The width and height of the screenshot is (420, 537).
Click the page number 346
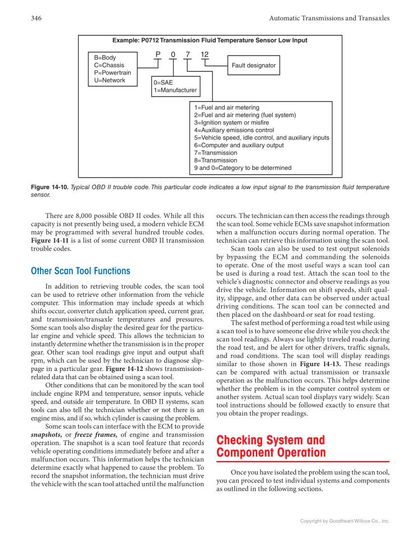(36, 18)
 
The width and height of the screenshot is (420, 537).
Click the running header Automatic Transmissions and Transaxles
(329, 18)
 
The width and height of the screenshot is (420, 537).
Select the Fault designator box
(253, 65)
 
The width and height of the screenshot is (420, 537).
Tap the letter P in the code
(158, 54)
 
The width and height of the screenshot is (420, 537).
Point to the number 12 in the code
(205, 54)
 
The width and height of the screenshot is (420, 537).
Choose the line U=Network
(109, 80)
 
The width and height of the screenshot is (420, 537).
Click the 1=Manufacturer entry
(175, 90)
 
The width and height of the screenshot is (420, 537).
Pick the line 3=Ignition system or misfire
(232, 123)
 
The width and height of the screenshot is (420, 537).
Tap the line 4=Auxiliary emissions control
(233, 130)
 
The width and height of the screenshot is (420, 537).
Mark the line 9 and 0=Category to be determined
(242, 168)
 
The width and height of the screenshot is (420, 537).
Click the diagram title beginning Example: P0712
(210, 41)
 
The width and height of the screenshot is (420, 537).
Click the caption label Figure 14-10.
(49, 187)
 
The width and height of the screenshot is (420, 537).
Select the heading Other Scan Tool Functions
(81, 271)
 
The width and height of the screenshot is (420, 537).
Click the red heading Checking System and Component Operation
(271, 446)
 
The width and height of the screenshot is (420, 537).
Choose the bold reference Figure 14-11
(49, 240)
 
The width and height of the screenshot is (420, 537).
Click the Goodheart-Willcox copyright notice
(345, 521)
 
